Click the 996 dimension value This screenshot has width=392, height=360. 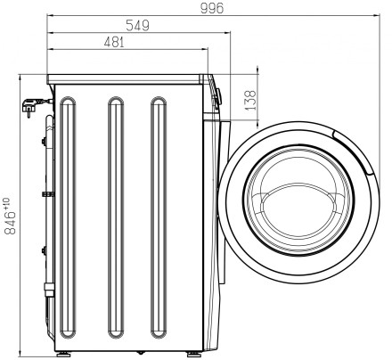point(212,8)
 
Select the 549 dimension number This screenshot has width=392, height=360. point(137,26)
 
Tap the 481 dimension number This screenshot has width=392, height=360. point(114,42)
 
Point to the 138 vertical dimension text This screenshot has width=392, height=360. point(250,100)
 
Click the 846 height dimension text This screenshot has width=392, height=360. point(10,223)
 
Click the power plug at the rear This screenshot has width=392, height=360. point(29,107)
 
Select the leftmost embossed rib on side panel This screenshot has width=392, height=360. point(68,217)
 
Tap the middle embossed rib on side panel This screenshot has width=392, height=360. point(116,217)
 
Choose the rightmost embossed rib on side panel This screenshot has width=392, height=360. point(159,217)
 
